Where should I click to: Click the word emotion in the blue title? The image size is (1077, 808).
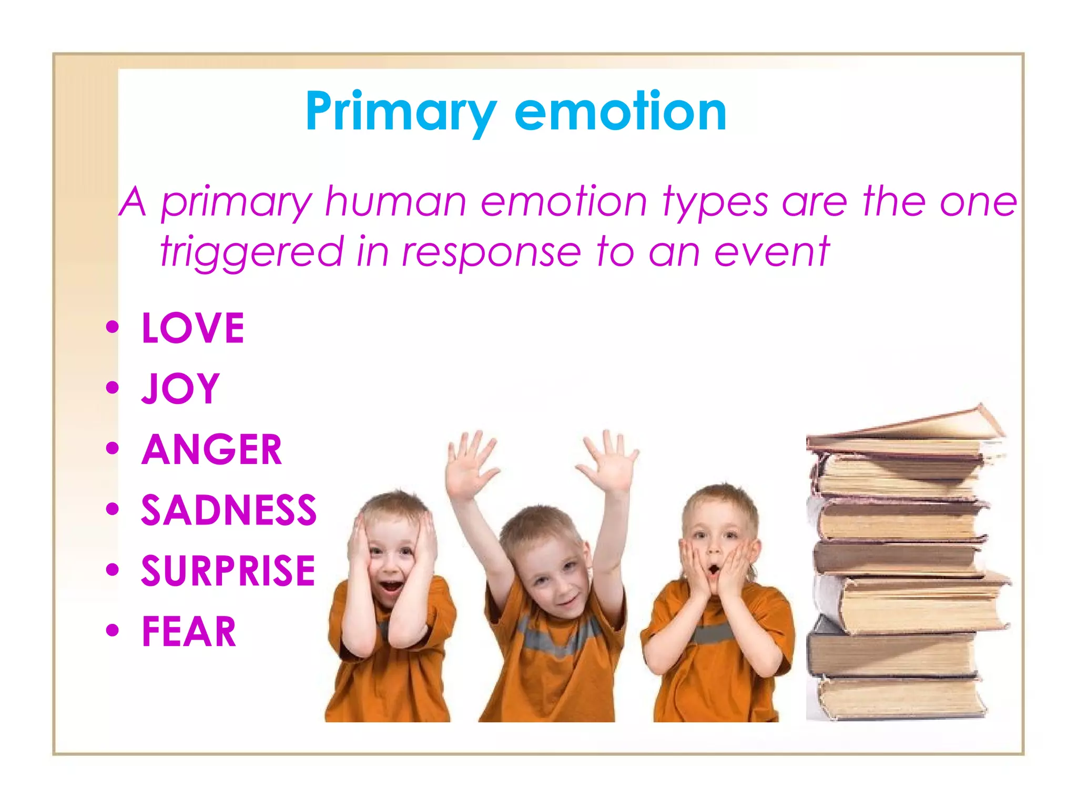[621, 112]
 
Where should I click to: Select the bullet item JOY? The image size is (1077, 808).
[180, 389]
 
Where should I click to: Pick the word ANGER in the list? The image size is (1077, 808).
[212, 450]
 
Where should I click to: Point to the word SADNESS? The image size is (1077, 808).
[229, 510]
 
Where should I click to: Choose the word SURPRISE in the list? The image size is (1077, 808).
[228, 571]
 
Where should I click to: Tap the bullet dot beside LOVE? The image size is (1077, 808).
[112, 327]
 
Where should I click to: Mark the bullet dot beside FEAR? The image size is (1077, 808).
[112, 630]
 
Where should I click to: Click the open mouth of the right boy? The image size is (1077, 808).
[713, 570]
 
